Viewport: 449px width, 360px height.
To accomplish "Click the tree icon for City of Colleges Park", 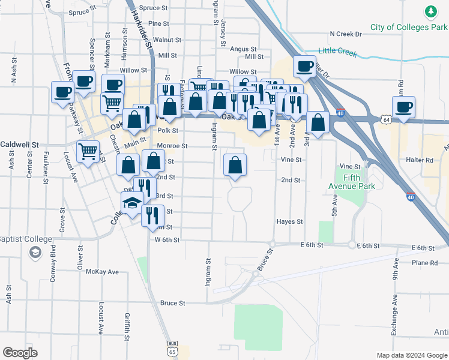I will [x=430, y=11].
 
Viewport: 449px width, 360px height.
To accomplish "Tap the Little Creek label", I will [x=337, y=52].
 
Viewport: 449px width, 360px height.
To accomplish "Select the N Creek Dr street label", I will [x=346, y=34].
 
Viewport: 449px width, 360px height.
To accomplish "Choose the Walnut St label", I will [x=167, y=40].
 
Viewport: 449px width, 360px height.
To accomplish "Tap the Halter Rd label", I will [x=420, y=160].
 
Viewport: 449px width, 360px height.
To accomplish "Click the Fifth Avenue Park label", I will [x=359, y=182].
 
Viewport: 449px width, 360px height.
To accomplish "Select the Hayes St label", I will [x=289, y=222].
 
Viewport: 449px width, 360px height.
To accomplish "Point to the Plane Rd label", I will [x=424, y=263].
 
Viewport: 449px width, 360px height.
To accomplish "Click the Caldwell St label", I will [x=19, y=145].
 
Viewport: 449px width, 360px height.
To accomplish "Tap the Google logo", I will [x=20, y=353].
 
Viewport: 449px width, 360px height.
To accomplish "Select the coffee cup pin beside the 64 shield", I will [x=403, y=107].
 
